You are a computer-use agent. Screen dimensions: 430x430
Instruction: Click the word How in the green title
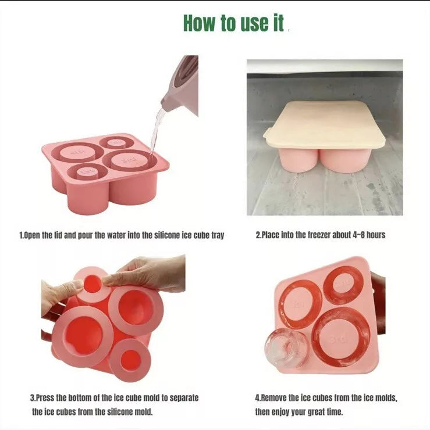200,23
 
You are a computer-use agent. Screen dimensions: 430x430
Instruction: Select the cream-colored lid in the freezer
324,125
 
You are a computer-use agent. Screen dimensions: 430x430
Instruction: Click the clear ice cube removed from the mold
286,347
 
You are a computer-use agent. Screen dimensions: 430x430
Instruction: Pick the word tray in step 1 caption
218,235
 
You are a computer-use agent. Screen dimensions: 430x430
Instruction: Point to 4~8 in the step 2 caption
358,235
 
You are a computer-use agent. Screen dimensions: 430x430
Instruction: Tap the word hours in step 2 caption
376,235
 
